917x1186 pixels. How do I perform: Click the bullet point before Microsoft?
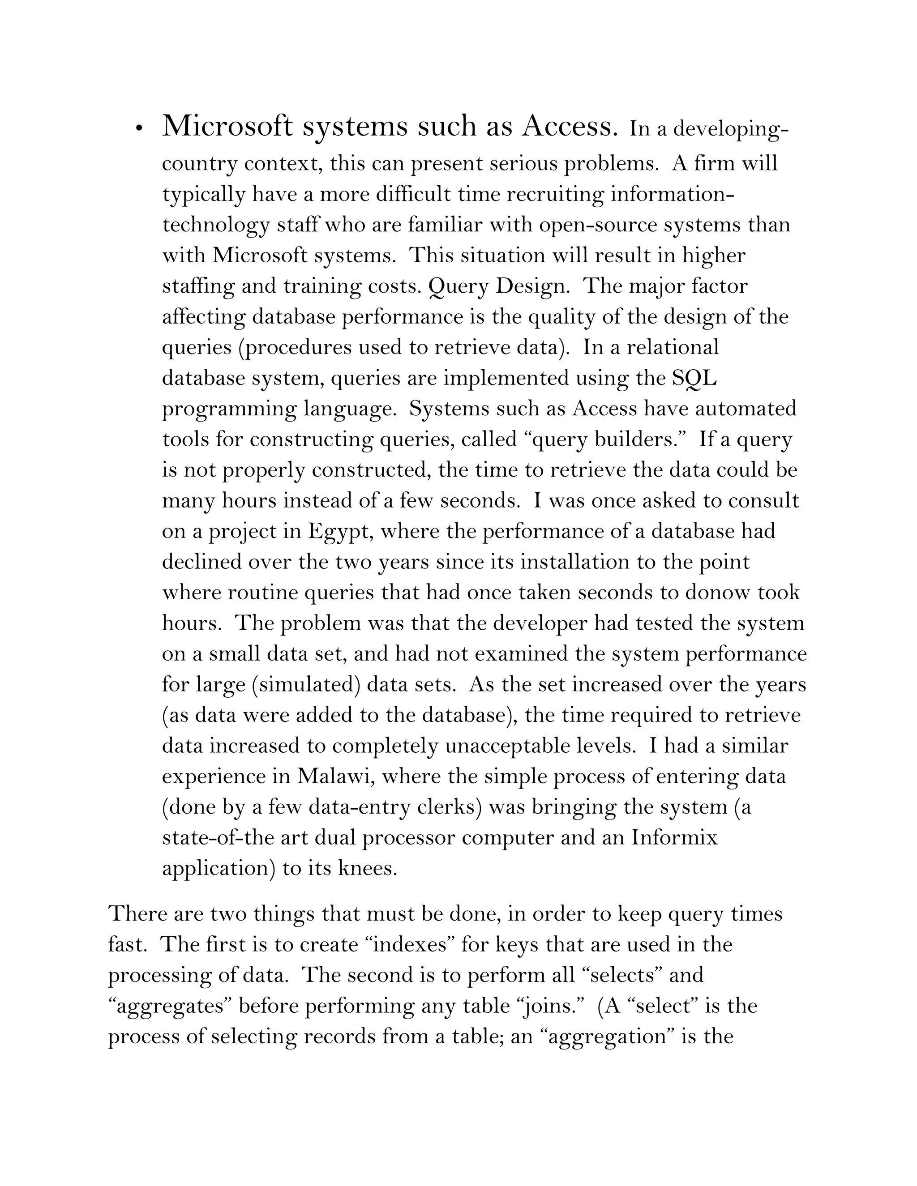140,129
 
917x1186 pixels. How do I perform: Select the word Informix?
674,838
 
